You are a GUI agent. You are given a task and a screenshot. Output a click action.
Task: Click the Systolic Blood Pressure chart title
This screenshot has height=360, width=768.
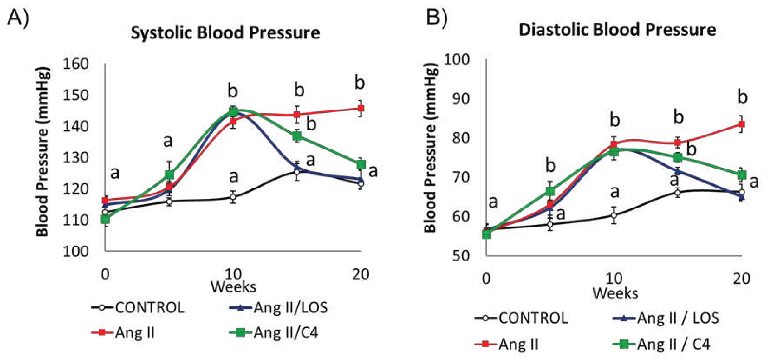point(225,33)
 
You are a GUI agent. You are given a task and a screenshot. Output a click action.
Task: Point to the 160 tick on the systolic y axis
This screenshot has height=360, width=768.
point(76,64)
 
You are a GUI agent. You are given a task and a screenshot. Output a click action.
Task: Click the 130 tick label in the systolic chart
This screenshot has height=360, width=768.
point(76,158)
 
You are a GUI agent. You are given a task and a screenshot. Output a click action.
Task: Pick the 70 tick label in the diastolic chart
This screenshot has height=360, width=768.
point(461,177)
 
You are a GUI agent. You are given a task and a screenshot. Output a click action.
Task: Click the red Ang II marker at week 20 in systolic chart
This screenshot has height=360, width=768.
point(360,108)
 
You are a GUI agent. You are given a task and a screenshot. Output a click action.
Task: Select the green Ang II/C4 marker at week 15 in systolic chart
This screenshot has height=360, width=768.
point(297,136)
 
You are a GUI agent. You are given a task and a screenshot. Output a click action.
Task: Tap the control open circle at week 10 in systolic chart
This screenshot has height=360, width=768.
point(233,197)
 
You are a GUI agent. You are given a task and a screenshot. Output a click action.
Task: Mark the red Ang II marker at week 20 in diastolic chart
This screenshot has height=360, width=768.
point(741,124)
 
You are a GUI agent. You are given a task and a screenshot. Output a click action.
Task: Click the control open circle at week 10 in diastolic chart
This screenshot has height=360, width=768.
point(613,215)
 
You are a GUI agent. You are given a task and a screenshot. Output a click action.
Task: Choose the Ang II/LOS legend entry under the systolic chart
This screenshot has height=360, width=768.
point(279,308)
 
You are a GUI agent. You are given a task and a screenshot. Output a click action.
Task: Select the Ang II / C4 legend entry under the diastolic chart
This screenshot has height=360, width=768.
point(662,345)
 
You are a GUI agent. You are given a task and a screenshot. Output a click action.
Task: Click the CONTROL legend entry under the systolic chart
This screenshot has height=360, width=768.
point(139,308)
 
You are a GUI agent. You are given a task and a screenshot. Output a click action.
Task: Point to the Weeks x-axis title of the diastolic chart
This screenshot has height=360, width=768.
point(615,293)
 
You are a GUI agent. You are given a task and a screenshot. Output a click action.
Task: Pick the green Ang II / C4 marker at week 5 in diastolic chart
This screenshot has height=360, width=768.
point(550,191)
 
